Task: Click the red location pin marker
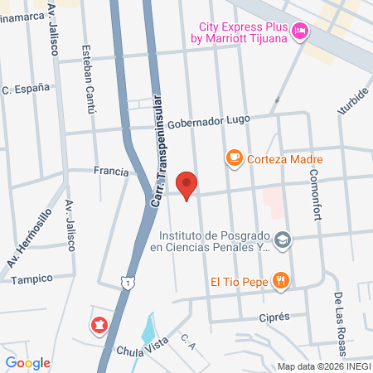(187, 185)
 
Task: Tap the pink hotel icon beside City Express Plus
(300, 31)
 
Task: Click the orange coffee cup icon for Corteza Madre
(234, 157)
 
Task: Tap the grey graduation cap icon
(283, 240)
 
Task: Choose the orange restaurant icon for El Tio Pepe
(282, 281)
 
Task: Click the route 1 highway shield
(126, 284)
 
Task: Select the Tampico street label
(31, 279)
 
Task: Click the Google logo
(27, 362)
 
